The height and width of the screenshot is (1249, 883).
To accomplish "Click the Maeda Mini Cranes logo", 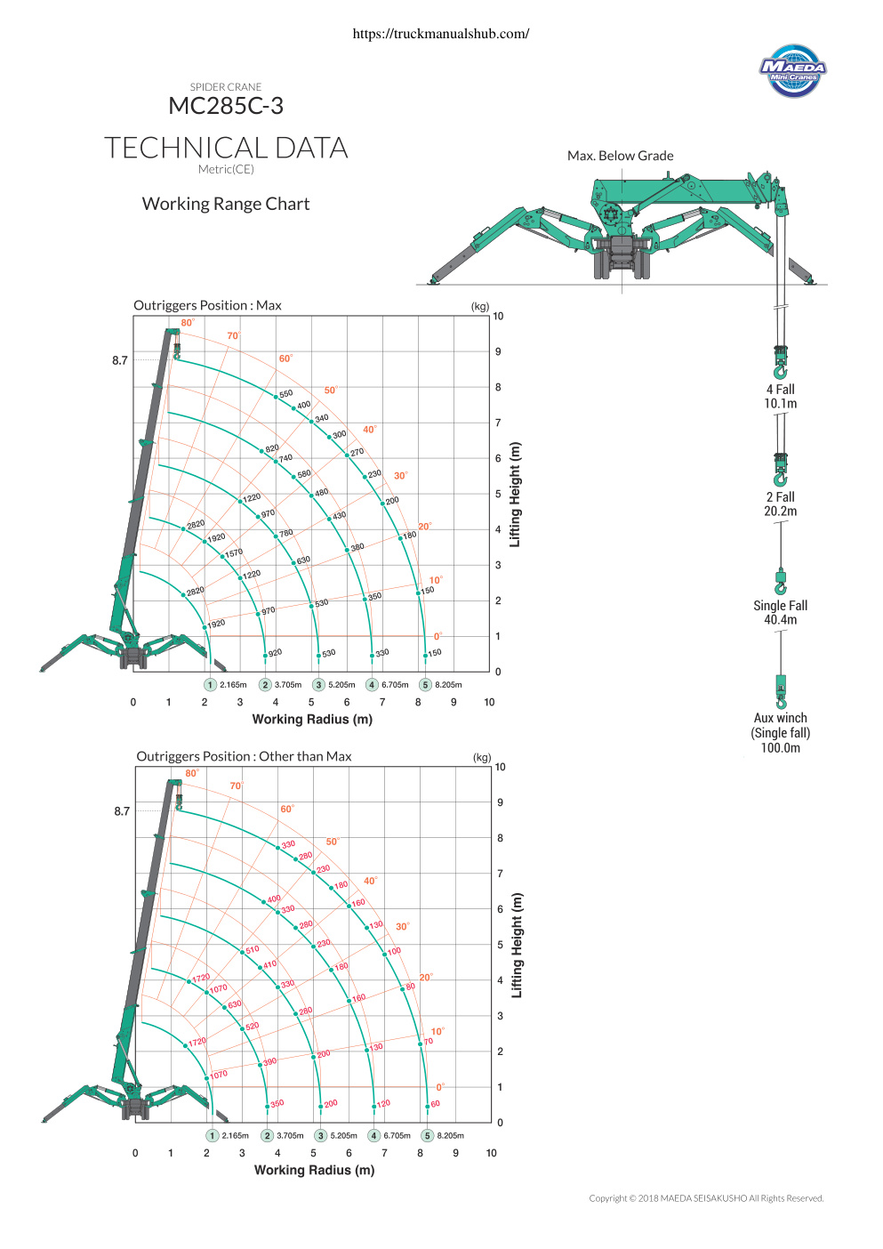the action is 792,70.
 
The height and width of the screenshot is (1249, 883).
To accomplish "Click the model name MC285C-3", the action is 226,105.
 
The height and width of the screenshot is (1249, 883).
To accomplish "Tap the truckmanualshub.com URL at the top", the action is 441,34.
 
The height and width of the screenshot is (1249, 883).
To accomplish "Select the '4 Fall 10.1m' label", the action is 780,397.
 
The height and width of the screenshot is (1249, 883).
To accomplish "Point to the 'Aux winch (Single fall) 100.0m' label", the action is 780,733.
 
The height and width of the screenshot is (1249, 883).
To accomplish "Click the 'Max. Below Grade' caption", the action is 620,156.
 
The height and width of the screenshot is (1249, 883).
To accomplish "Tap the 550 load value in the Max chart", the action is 286,394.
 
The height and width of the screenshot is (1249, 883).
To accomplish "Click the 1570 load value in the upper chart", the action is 234,552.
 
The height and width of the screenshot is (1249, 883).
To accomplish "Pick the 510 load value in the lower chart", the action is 253,949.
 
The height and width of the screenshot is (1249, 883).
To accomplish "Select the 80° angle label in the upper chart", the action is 188,322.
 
